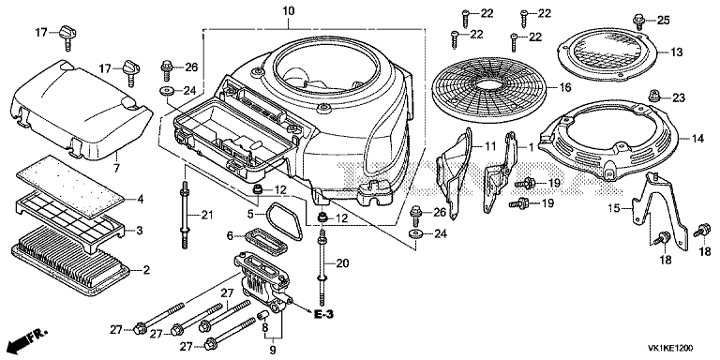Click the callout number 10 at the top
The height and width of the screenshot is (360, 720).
(x=289, y=10)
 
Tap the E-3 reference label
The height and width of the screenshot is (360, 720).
(x=323, y=315)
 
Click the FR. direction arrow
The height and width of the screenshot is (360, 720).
(x=22, y=339)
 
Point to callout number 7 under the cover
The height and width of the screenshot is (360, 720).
(x=116, y=168)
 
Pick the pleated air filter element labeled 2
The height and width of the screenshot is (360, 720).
(x=69, y=261)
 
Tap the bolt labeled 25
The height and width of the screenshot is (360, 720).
(x=637, y=21)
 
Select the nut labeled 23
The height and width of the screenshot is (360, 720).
(x=654, y=96)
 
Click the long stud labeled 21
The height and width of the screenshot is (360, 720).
(x=185, y=215)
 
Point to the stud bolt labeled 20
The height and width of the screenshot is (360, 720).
(x=322, y=265)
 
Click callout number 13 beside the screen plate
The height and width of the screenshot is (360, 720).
(x=676, y=52)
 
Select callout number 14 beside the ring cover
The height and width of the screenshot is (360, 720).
(x=697, y=139)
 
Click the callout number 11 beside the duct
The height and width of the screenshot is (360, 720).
(x=490, y=147)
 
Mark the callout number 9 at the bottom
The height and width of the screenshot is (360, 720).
(x=273, y=352)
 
